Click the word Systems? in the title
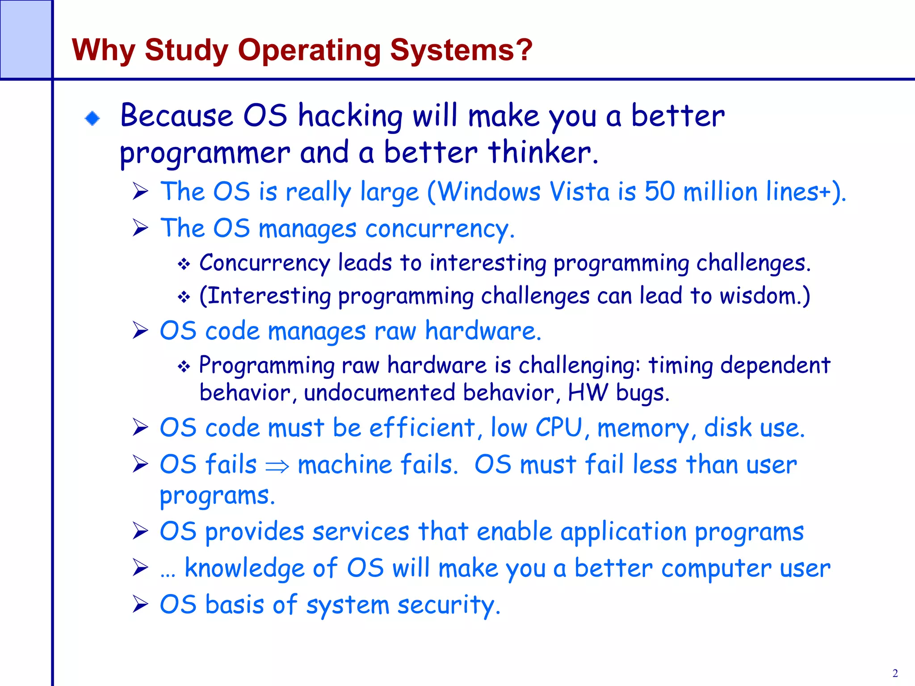461,50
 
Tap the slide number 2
895,673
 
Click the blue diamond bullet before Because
92,118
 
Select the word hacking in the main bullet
350,116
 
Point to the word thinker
542,153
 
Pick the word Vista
579,192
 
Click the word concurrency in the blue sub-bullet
439,229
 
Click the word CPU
559,428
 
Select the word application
623,532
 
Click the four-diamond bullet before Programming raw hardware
184,367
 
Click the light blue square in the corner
25,39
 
